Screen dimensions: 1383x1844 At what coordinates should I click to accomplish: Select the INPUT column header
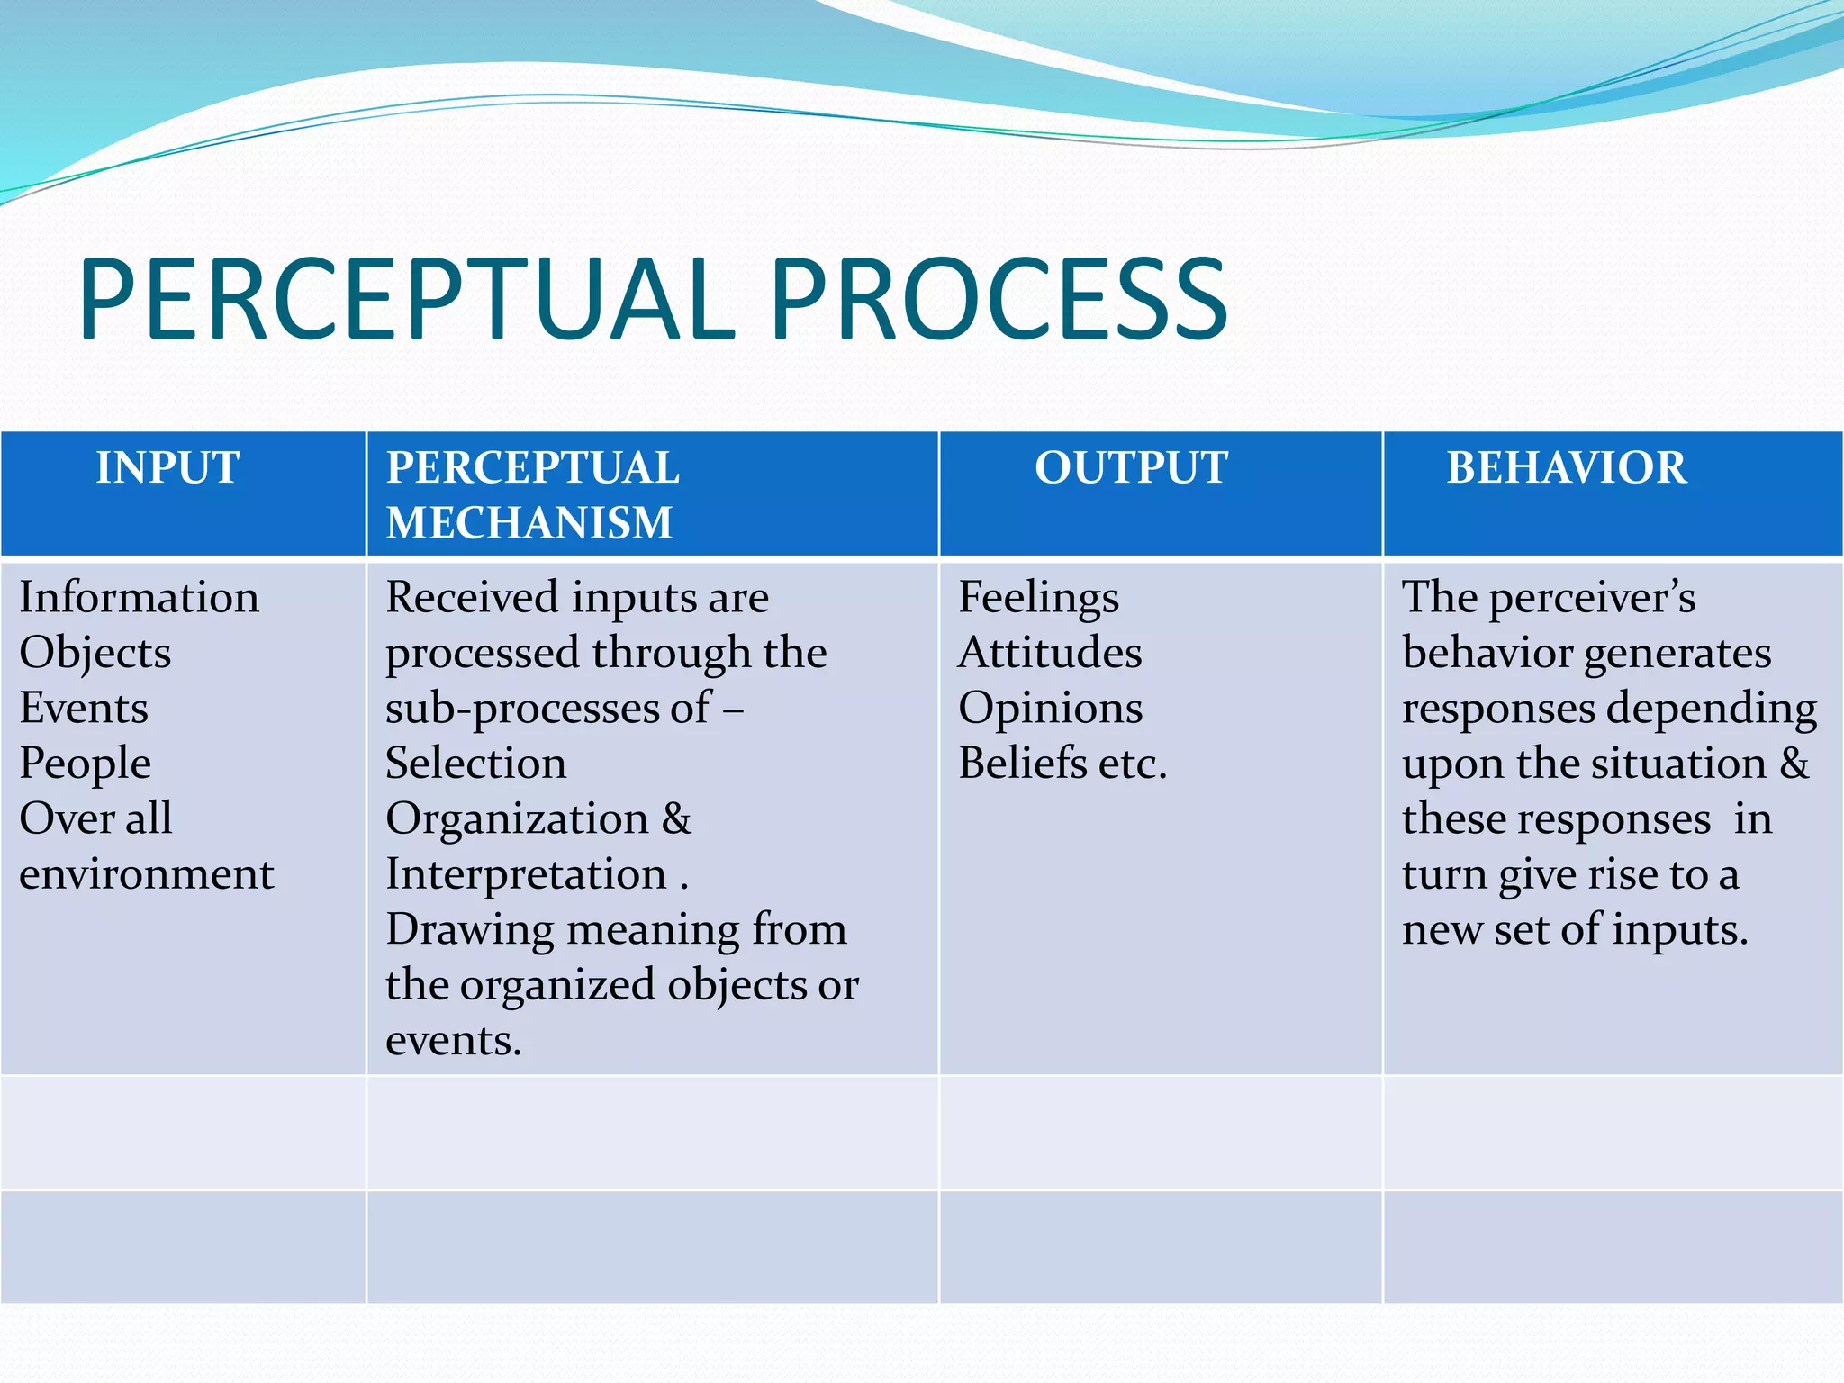click(167, 468)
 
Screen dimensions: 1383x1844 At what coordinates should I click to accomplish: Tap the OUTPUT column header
click(1131, 468)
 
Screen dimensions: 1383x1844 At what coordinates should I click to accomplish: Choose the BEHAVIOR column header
click(1566, 468)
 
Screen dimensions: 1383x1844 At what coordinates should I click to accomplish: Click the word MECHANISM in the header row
click(529, 523)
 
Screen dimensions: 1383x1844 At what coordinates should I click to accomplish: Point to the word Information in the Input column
click(140, 598)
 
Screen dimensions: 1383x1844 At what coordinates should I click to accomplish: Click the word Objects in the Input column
click(95, 654)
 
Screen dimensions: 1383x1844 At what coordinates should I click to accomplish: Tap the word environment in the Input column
click(147, 874)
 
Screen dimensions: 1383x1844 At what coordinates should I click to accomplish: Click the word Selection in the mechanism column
click(475, 764)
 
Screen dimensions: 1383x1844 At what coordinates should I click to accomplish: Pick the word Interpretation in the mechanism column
click(526, 874)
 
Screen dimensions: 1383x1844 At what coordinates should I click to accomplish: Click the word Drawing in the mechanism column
click(468, 930)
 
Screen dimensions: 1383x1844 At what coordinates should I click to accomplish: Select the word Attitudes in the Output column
click(1050, 653)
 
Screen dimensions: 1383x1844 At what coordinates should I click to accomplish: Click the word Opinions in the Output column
click(1050, 709)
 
